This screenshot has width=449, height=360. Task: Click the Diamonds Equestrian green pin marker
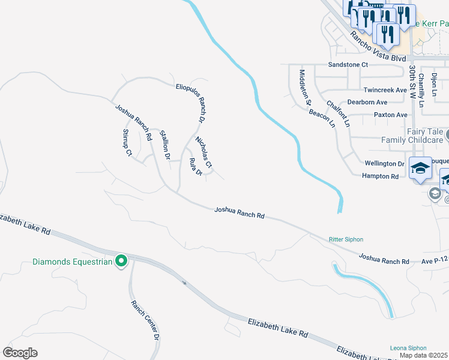click(121, 261)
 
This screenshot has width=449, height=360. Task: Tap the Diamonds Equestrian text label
click(73, 262)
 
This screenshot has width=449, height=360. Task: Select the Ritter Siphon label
click(346, 239)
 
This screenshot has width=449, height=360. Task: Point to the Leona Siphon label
click(408, 348)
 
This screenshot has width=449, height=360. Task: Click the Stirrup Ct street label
click(127, 142)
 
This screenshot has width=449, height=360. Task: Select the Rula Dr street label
click(196, 167)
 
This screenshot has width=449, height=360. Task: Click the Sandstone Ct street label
click(348, 64)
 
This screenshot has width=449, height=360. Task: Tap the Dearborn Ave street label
click(367, 103)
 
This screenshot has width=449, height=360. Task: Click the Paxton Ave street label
click(390, 115)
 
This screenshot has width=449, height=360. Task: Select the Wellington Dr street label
click(384, 163)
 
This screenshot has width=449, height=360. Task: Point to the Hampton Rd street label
click(380, 176)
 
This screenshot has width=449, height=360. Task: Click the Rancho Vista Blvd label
click(378, 46)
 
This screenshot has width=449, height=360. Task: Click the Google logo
click(20, 352)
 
